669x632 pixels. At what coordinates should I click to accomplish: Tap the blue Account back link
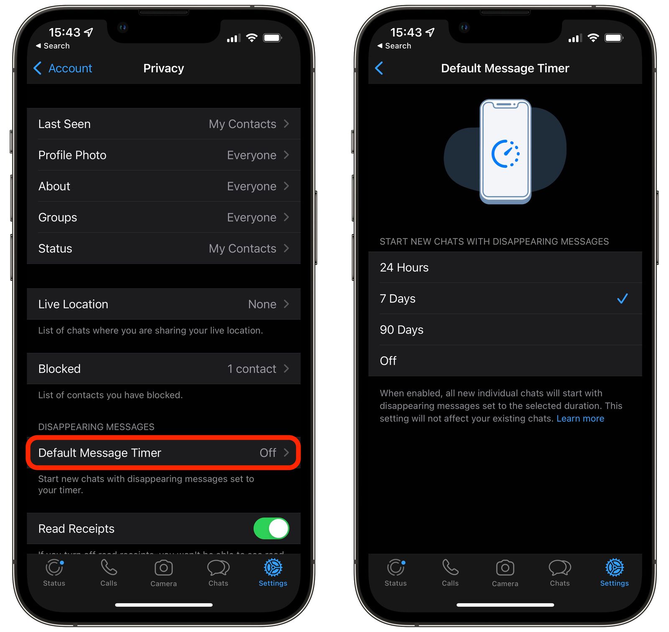(x=63, y=68)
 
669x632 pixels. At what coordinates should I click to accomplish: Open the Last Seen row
(x=163, y=124)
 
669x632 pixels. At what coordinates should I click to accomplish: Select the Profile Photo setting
(x=163, y=155)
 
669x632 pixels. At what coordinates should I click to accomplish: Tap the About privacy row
(x=163, y=186)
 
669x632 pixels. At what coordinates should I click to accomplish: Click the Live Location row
(x=163, y=304)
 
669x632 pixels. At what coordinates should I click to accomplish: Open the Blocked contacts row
(x=163, y=369)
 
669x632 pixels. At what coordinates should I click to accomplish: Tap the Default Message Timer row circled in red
(x=163, y=453)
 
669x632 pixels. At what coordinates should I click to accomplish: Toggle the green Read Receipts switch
(x=271, y=529)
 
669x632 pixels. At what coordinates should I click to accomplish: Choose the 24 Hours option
(x=505, y=267)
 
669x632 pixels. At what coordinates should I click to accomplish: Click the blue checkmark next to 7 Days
(x=622, y=298)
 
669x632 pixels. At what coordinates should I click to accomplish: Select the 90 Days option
(x=505, y=330)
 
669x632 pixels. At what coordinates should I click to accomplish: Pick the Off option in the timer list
(x=505, y=361)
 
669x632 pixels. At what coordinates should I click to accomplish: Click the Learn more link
(x=580, y=419)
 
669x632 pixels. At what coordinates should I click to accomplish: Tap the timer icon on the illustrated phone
(x=506, y=154)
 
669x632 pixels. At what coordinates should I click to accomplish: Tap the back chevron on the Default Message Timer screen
(x=379, y=68)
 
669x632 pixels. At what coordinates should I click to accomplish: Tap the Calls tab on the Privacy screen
(x=109, y=572)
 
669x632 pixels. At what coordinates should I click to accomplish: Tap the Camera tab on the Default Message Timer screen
(x=505, y=572)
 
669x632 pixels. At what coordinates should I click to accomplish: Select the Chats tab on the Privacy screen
(x=218, y=572)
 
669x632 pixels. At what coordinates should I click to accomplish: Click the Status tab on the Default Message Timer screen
(x=396, y=572)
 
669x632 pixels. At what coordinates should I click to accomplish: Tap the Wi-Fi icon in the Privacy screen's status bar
(x=251, y=38)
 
